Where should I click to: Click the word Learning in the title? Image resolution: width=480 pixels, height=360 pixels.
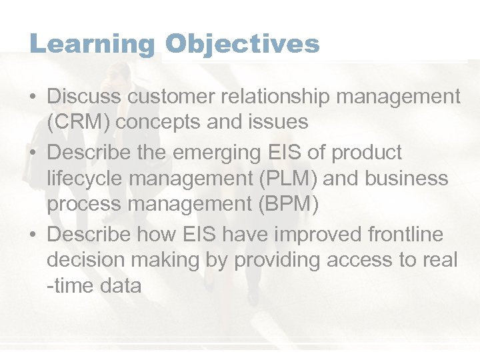coord(92,45)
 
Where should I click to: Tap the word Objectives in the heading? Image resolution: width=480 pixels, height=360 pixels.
coord(243,45)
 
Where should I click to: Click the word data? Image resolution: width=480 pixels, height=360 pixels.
coord(123,286)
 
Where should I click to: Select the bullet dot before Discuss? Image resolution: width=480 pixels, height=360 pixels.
coord(33,97)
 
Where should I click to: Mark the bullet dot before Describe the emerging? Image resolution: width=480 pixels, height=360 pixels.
coord(33,153)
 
